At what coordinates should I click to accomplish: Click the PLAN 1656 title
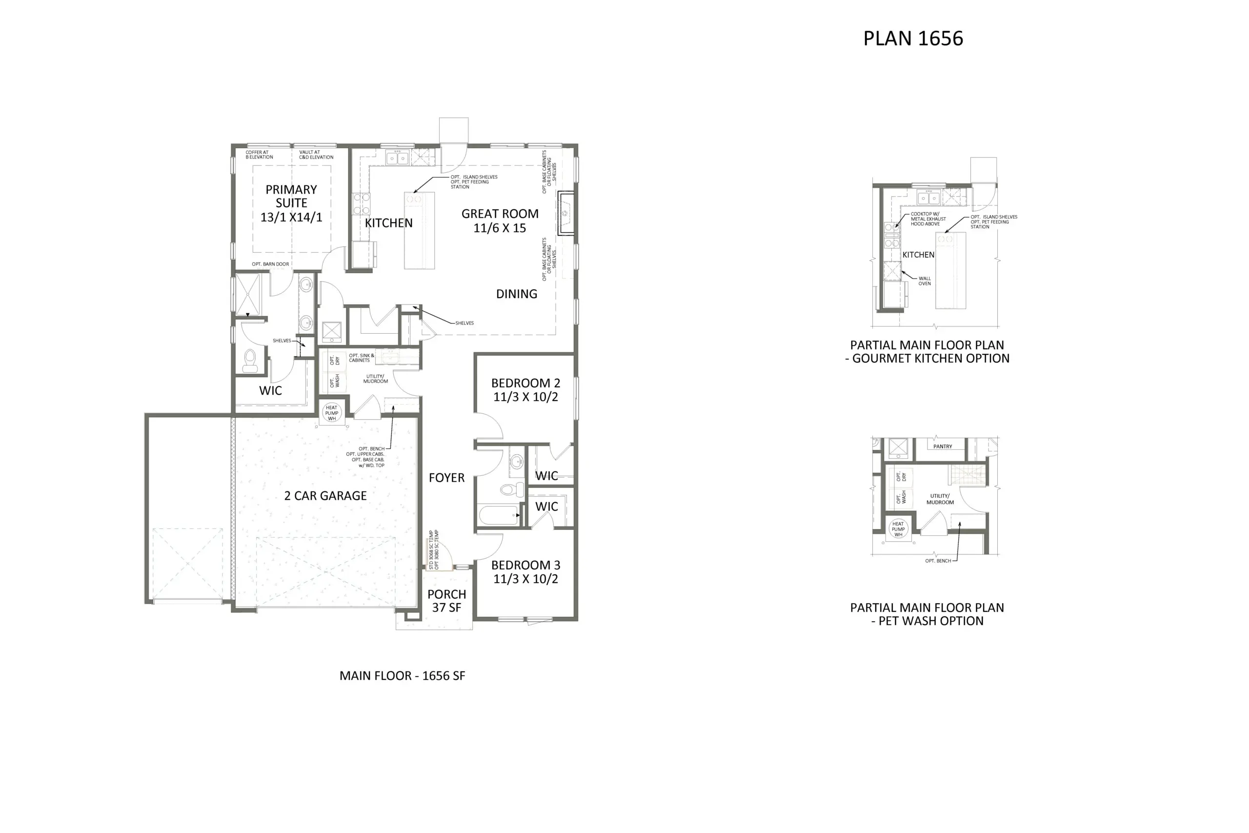tap(913, 38)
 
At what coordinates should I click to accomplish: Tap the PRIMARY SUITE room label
tap(291, 203)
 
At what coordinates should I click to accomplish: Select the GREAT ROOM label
tap(500, 221)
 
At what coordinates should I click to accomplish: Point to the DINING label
tap(516, 294)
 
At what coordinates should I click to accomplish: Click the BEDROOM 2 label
tap(526, 390)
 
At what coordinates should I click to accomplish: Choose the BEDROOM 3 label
tap(526, 571)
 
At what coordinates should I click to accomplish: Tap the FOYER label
tap(446, 478)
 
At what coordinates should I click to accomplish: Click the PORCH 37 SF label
tap(446, 601)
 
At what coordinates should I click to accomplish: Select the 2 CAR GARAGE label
tap(325, 496)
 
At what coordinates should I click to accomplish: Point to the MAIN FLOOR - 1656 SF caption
tap(402, 676)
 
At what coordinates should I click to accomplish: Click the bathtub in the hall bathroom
tap(499, 515)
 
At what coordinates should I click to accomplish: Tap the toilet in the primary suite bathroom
tap(249, 361)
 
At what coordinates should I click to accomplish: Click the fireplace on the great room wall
tap(565, 212)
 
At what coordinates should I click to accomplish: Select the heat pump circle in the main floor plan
tap(331, 413)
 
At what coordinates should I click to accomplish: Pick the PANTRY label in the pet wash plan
tap(943, 446)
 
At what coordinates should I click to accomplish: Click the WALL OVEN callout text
tap(925, 281)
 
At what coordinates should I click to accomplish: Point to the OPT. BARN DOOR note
tap(270, 264)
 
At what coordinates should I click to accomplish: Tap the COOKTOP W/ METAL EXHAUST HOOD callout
tap(928, 219)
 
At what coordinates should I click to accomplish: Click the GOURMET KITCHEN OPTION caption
tap(927, 352)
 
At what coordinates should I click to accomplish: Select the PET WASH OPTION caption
tap(927, 614)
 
